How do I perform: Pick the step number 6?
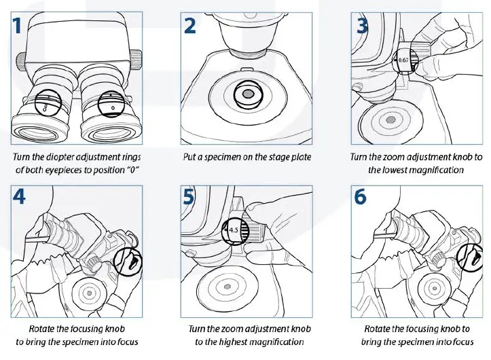click(x=362, y=197)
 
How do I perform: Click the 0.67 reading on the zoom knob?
click(x=403, y=60)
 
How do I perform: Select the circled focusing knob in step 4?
click(x=128, y=260)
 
